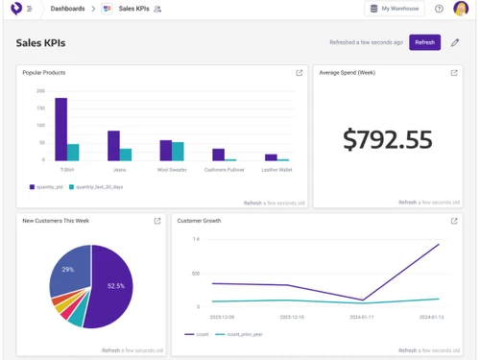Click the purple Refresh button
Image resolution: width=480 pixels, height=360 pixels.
point(424,42)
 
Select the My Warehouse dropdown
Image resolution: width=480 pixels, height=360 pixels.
point(394,9)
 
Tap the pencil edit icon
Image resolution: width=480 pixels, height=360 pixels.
point(455,42)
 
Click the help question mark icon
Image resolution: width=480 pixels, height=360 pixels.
point(439,9)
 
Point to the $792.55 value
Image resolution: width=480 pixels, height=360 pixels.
point(388,140)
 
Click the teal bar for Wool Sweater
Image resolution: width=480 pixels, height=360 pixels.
point(178,151)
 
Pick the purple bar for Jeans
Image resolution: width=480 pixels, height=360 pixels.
point(113,145)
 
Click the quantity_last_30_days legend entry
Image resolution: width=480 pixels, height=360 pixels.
point(100,187)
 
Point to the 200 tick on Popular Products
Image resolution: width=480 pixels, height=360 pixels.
point(40,91)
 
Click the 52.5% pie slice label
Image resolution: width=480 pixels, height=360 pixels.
point(116,286)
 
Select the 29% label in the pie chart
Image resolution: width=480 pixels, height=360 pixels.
point(68,270)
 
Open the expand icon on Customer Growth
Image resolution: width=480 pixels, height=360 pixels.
point(454,221)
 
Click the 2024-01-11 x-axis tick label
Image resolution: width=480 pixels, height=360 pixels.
point(362,316)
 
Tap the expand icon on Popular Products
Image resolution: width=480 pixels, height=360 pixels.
point(300,73)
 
